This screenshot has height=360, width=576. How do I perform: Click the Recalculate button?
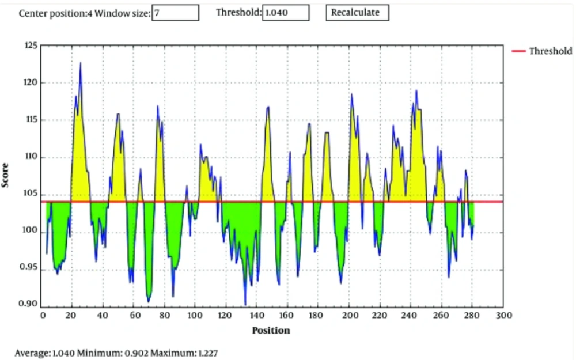357,12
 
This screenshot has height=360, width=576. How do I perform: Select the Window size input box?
175,12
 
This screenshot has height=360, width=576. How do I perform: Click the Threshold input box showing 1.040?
286,12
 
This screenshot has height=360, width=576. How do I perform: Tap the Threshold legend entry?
542,51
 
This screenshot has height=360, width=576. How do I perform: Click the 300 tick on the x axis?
503,316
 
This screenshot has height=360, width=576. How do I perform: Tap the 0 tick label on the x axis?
43,316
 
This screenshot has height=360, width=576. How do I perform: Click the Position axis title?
271,331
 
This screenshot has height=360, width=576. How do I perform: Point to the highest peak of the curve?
81,62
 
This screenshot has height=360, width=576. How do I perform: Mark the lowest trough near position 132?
245,305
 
